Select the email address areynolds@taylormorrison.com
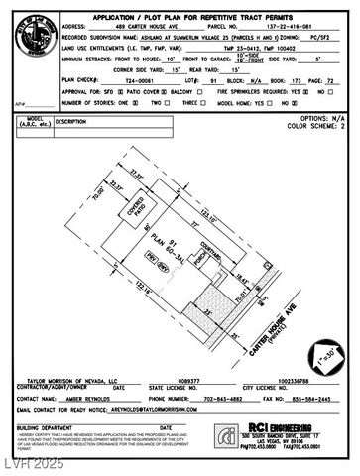click(x=141, y=380)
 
